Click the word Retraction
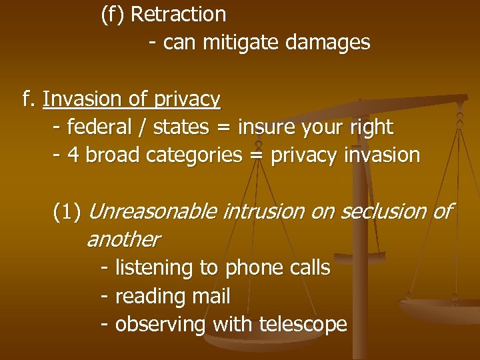pos(179,14)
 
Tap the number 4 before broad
pos(73,155)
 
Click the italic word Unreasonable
pos(152,211)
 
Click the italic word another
pos(123,239)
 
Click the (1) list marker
pos(67,212)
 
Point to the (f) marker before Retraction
pos(113,14)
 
